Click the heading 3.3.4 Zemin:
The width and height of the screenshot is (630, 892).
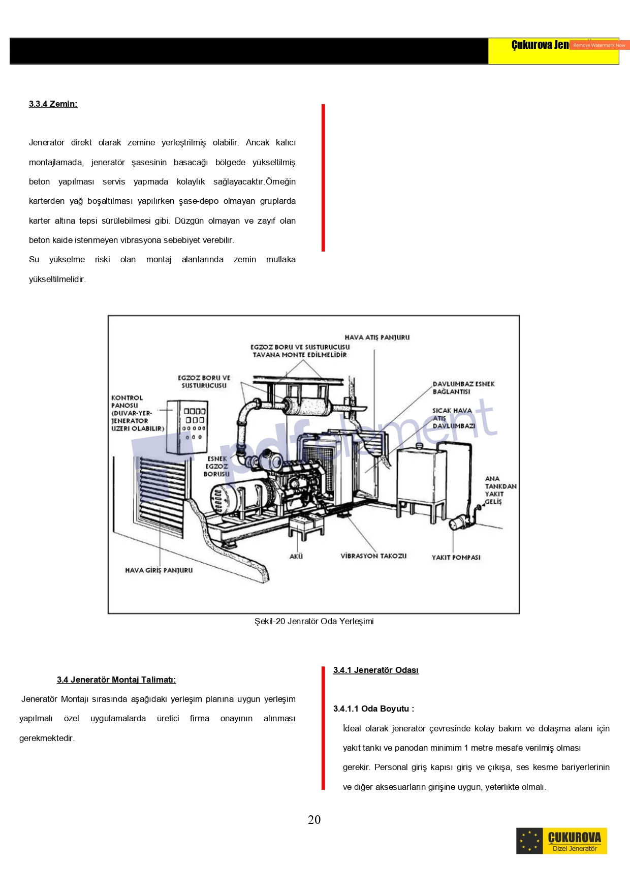click(53, 104)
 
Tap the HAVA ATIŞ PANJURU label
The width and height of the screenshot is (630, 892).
click(377, 337)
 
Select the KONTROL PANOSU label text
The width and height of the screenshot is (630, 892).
click(138, 413)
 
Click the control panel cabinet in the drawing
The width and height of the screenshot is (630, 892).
click(187, 427)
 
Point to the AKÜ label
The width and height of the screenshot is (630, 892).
click(296, 556)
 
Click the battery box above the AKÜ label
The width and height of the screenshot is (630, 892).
click(306, 527)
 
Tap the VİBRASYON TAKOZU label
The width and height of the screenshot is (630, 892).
click(373, 556)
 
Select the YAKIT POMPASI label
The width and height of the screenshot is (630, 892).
click(456, 558)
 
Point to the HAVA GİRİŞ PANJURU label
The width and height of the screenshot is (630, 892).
click(159, 570)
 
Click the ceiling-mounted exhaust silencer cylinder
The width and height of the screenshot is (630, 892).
click(307, 406)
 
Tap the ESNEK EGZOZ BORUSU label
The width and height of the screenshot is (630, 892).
click(217, 466)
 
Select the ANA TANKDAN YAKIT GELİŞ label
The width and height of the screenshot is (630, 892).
click(500, 490)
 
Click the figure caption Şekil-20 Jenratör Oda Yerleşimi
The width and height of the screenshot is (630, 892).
click(314, 621)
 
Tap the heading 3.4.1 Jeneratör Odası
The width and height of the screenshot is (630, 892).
click(376, 670)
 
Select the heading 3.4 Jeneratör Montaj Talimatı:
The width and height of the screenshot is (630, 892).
click(116, 680)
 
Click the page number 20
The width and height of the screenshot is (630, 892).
click(314, 819)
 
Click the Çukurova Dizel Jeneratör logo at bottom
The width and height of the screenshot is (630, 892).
click(561, 841)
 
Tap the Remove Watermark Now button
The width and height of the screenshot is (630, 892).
click(600, 45)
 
